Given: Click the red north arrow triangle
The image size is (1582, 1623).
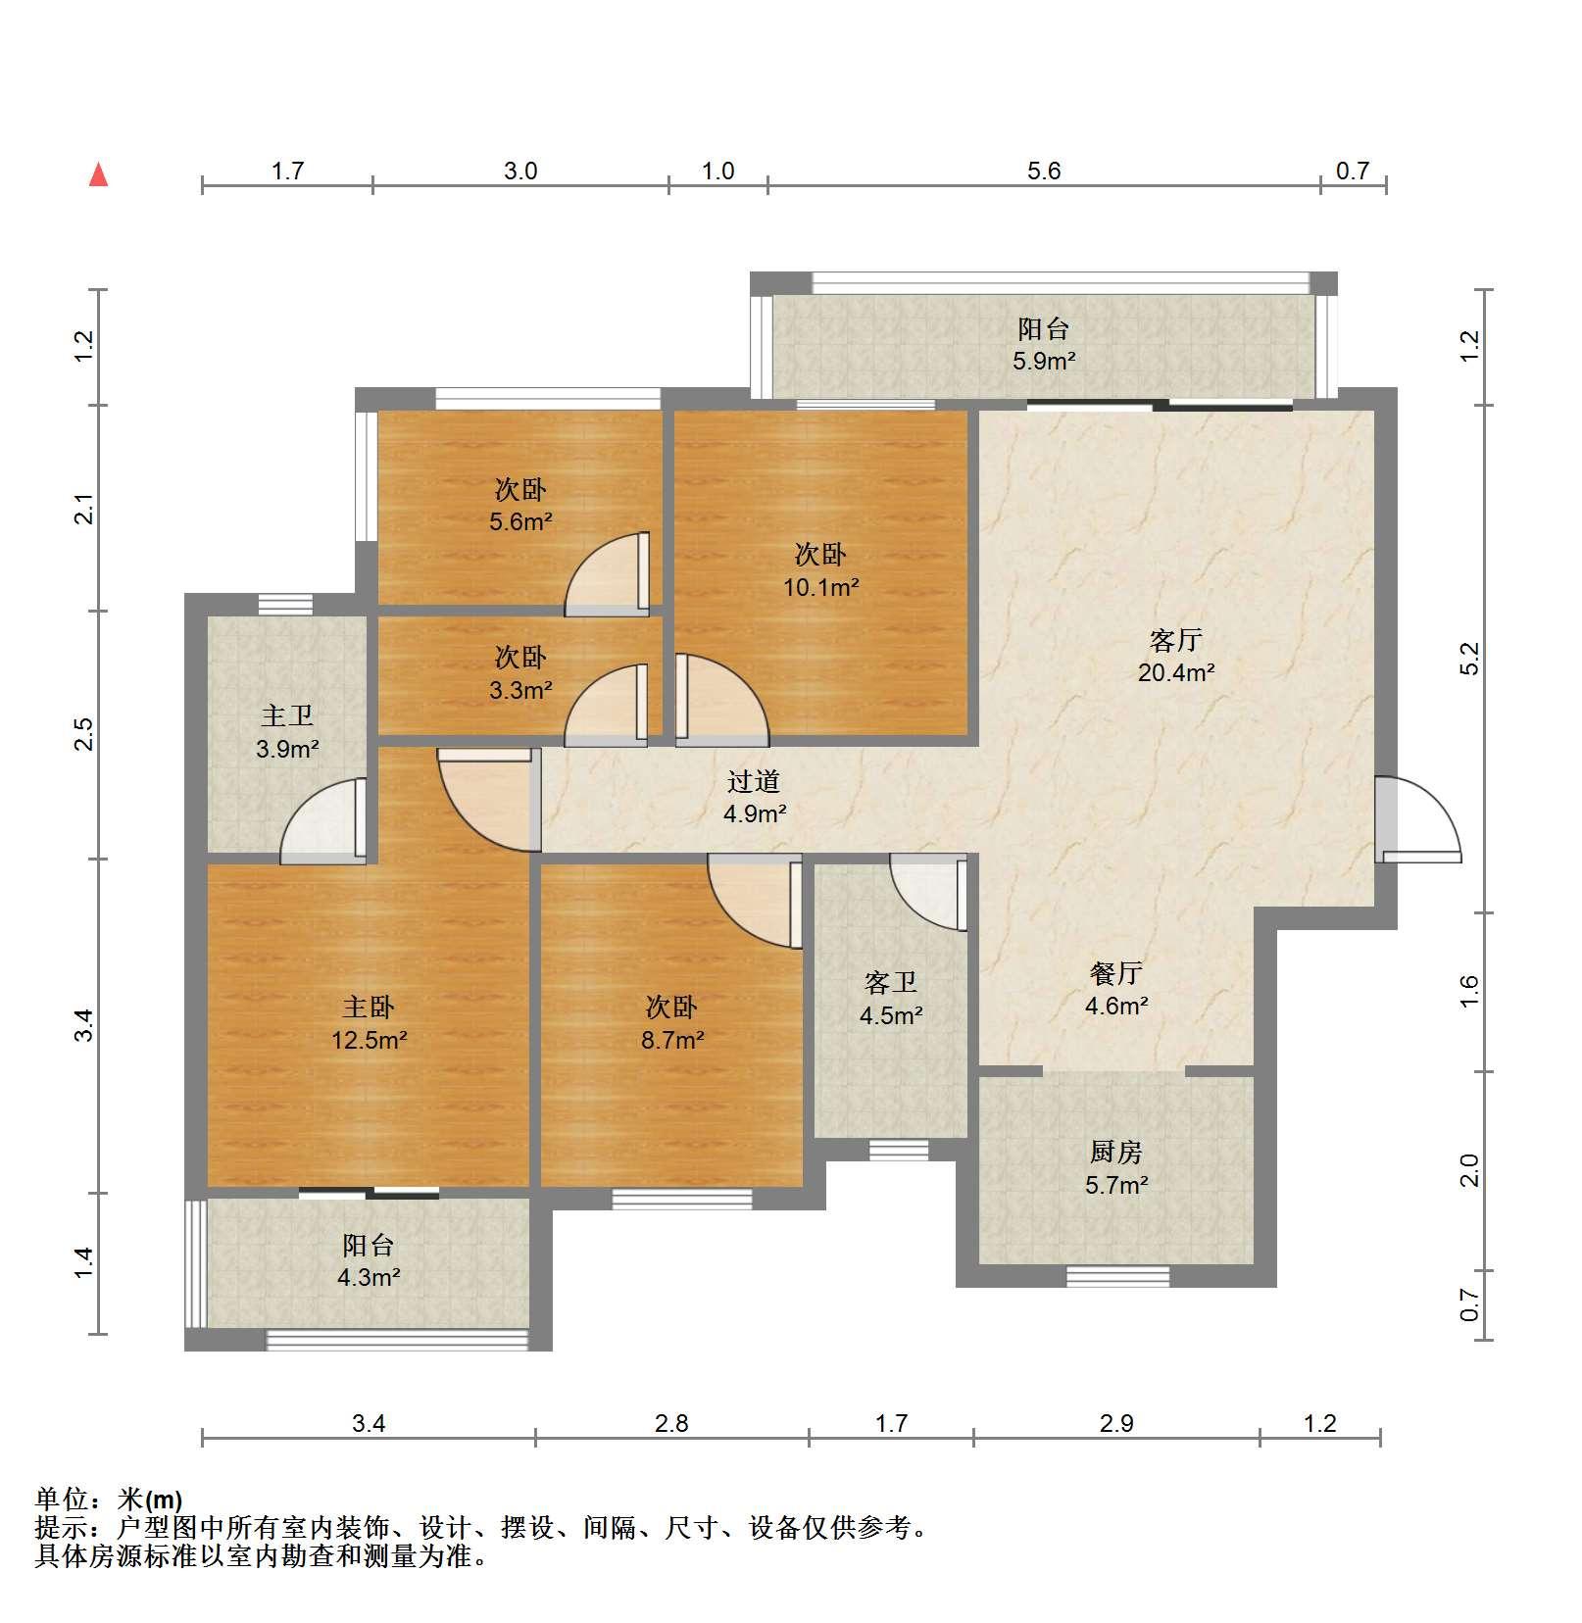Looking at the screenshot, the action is point(98,174).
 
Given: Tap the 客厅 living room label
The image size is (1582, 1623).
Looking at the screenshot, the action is point(1175,641).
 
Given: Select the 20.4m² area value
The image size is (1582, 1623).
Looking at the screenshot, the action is point(1176,672).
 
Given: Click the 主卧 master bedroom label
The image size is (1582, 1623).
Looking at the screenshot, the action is point(368,1008).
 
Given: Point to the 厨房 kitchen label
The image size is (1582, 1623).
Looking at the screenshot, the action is point(1116,1153).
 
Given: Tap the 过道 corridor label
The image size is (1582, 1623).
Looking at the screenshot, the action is point(754,781).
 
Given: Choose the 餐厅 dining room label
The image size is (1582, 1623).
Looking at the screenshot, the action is point(1116,973).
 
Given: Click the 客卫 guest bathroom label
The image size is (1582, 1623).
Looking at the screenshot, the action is point(891,983).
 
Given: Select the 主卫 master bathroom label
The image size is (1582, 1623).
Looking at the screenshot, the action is point(287,716).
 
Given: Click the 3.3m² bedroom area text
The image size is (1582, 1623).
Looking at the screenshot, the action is point(520,689).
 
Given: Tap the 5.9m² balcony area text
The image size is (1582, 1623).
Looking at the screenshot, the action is point(1044,361).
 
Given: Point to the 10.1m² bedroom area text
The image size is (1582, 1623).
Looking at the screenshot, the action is point(820,587).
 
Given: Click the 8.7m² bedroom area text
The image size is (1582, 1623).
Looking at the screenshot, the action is point(672,1039).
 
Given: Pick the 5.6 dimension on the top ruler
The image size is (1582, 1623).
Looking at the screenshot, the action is point(1044,172).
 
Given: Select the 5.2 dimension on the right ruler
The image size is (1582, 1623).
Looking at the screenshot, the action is point(1468,659).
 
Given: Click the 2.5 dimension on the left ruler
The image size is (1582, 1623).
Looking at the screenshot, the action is point(85,734).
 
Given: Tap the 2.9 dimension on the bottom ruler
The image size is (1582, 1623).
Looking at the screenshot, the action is point(1116,1423).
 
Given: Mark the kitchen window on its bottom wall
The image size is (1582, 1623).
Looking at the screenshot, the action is point(1117,1276).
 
